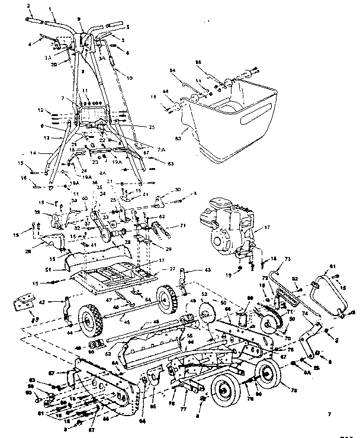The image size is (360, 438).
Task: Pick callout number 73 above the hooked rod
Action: click(x=288, y=259)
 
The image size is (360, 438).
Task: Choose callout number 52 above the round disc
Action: click(x=204, y=294)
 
